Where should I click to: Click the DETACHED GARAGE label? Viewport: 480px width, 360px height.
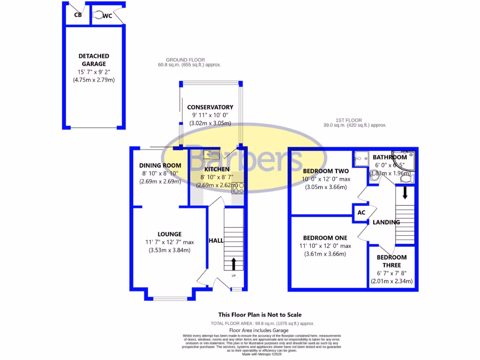(94, 60)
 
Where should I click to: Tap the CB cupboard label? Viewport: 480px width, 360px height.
(78, 15)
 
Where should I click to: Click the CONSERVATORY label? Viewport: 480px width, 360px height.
(210, 107)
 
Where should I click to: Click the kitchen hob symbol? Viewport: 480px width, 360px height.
(238, 187)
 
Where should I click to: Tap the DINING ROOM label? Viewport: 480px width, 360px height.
(160, 165)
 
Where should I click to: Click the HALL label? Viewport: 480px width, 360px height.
(216, 240)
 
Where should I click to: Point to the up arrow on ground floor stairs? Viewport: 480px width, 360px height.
(233, 264)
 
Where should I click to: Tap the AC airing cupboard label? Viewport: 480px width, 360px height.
(361, 212)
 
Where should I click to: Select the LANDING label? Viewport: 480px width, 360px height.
(386, 222)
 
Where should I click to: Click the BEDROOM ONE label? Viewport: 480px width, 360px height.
(325, 238)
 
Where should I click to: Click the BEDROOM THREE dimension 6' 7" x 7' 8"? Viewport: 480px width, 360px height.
(391, 273)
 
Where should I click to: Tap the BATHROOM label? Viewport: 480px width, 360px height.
(390, 157)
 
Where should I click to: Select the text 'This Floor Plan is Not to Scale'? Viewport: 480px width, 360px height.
(260, 315)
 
